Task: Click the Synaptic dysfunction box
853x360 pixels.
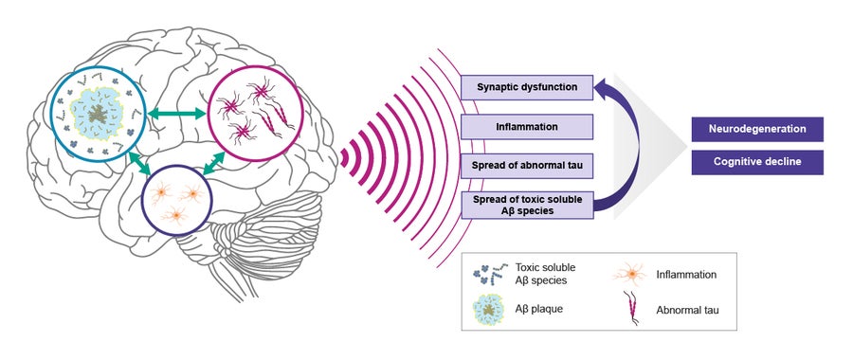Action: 527,88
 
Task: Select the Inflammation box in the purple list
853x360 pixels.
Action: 527,126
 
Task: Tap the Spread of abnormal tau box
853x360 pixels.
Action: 527,165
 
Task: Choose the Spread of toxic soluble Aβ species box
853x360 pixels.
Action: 527,204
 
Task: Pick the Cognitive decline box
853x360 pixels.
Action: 756,162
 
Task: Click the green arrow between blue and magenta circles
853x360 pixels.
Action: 174,114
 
